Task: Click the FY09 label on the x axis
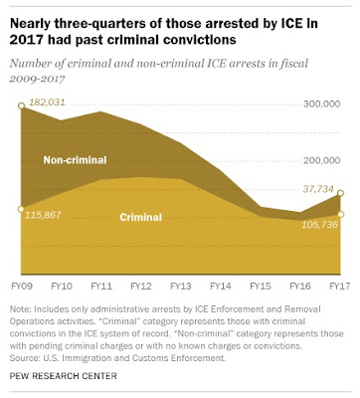tap(22, 286)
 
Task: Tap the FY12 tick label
tap(141, 286)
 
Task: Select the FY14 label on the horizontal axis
tap(221, 286)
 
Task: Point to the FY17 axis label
tap(340, 286)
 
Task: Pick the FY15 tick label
tap(261, 286)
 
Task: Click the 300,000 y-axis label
tap(321, 104)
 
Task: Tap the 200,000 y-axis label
tap(321, 160)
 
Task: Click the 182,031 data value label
tap(47, 102)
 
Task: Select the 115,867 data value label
tap(43, 215)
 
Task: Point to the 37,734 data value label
tap(318, 189)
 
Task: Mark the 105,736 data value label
tap(320, 225)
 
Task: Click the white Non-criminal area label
tap(75, 160)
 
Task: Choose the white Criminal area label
tap(141, 217)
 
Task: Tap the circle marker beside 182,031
tap(21, 105)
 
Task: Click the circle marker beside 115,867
tap(21, 209)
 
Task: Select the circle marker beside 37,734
tap(340, 193)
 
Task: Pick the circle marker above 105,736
tap(340, 214)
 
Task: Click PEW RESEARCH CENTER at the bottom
tap(64, 376)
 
